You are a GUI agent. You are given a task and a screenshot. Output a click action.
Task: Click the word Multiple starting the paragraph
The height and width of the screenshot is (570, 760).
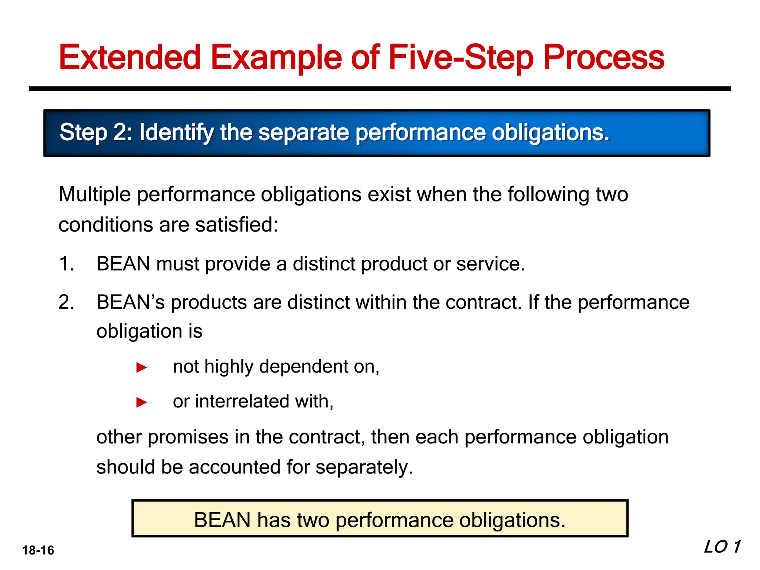pyautogui.click(x=95, y=194)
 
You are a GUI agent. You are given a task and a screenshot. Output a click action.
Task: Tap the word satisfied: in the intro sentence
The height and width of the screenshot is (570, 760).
pyautogui.click(x=236, y=225)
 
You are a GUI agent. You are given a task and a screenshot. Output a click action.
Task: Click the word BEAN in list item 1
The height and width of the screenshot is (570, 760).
pyautogui.click(x=123, y=264)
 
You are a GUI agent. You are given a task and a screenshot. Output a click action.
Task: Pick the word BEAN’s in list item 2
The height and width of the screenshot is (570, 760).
pyautogui.click(x=130, y=302)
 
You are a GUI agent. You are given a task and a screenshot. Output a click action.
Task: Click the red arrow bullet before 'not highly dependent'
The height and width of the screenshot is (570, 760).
pyautogui.click(x=142, y=367)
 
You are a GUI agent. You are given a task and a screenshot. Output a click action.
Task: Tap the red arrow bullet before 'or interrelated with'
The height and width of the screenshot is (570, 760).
pyautogui.click(x=142, y=402)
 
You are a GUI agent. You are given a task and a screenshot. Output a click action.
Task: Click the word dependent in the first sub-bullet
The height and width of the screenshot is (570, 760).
pyautogui.click(x=303, y=367)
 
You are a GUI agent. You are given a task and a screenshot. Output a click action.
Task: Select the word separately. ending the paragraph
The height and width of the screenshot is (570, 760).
pyautogui.click(x=364, y=467)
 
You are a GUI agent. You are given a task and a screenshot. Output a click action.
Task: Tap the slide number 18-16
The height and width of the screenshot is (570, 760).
pyautogui.click(x=38, y=550)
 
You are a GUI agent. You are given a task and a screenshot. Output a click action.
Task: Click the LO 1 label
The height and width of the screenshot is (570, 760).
pyautogui.click(x=722, y=547)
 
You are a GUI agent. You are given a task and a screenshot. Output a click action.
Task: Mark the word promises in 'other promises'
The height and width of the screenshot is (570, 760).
pyautogui.click(x=188, y=437)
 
